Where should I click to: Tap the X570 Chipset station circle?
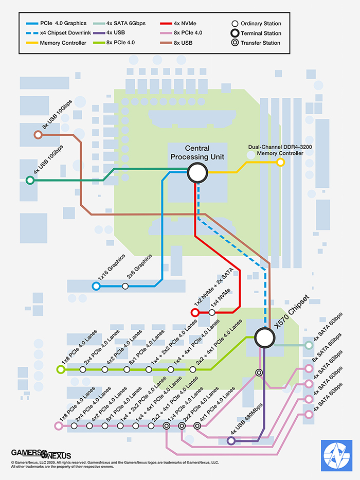(264, 338)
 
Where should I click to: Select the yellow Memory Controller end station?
(280, 162)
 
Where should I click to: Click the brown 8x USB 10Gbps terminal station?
(38, 135)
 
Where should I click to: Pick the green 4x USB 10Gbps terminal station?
(30, 181)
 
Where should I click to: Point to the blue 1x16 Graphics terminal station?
(96, 286)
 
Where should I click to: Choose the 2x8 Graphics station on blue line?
(125, 286)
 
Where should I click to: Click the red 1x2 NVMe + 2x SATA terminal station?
(195, 312)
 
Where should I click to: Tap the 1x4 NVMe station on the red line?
(212, 312)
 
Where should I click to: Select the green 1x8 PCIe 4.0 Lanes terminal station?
(61, 369)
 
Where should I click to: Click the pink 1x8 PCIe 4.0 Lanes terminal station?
(58, 426)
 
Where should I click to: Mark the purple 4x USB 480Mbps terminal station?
(231, 441)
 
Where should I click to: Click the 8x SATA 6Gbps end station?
(309, 368)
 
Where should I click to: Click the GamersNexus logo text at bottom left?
(41, 454)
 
